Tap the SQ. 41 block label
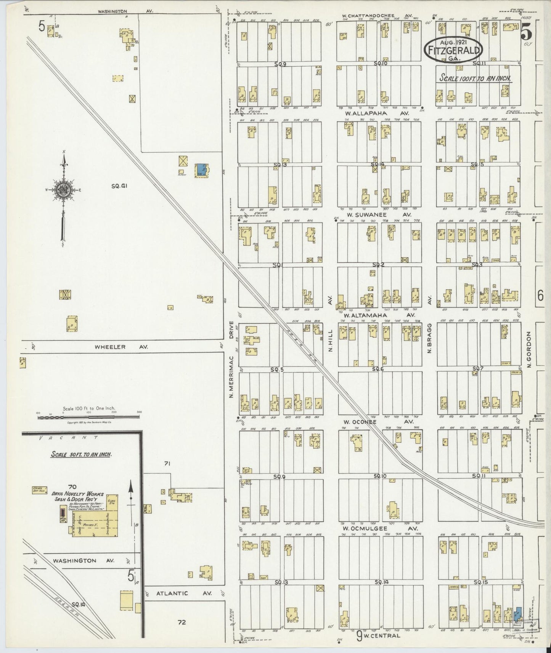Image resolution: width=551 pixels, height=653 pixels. click(x=119, y=186)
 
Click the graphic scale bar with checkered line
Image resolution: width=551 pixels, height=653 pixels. click(x=88, y=417)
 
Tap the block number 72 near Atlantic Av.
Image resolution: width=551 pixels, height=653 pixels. click(x=182, y=623)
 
